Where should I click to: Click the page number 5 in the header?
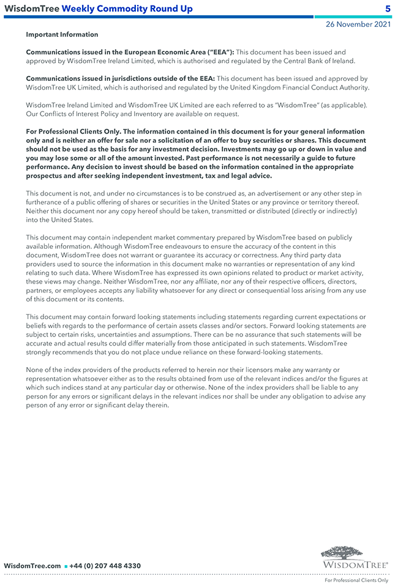coord(387,9)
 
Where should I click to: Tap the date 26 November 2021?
coord(358,25)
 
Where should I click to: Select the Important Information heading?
coord(62,35)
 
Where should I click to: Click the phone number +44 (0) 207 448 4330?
coord(105,566)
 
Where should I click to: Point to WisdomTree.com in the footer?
coord(32,566)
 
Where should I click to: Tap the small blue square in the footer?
coord(66,566)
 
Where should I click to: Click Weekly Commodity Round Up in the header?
coord(127,9)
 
